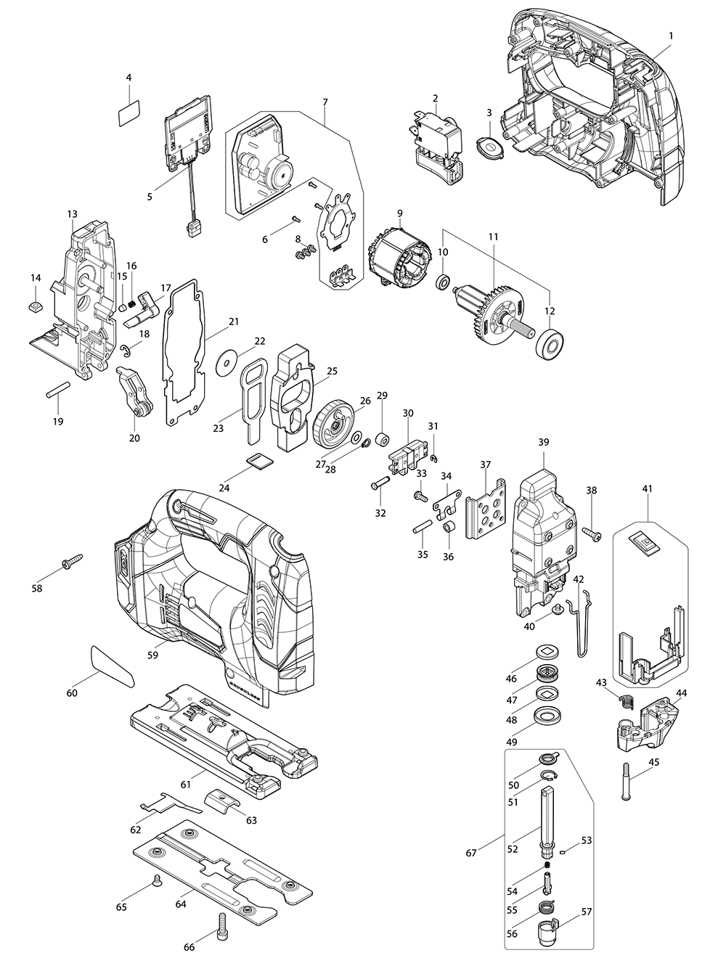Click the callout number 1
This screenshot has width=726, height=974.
pos(671,35)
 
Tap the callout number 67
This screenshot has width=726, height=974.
pos(471,853)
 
